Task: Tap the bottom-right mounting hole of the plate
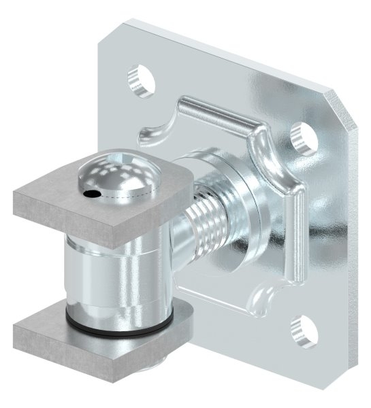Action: point(300,330)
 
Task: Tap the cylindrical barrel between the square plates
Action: point(109,272)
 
